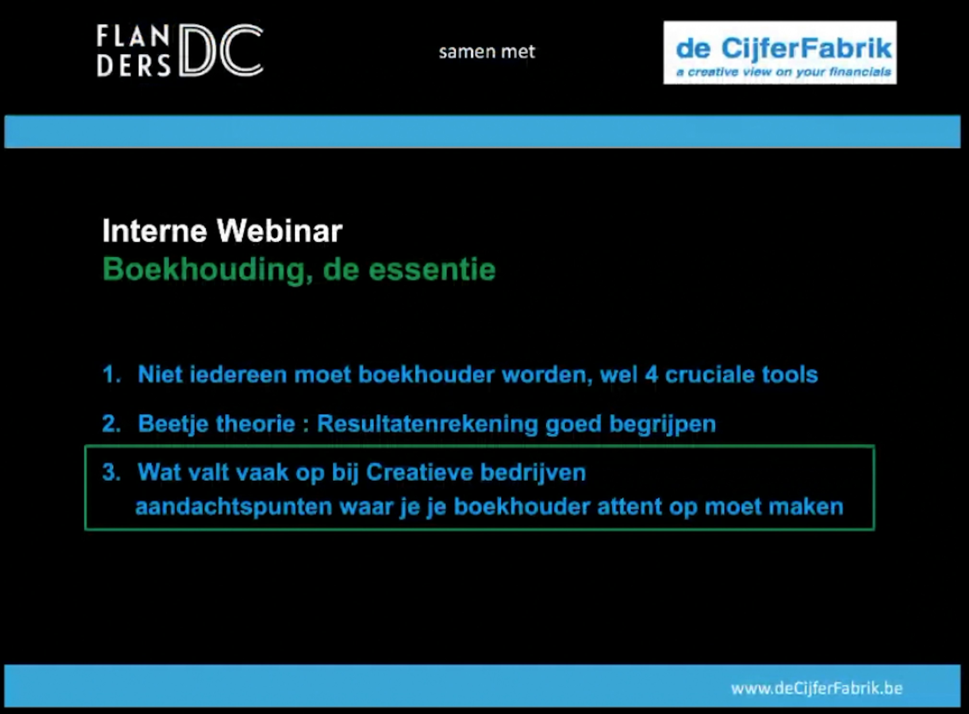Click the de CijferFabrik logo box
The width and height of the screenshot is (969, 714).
(780, 52)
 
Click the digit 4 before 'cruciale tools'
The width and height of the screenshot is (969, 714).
(651, 374)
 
